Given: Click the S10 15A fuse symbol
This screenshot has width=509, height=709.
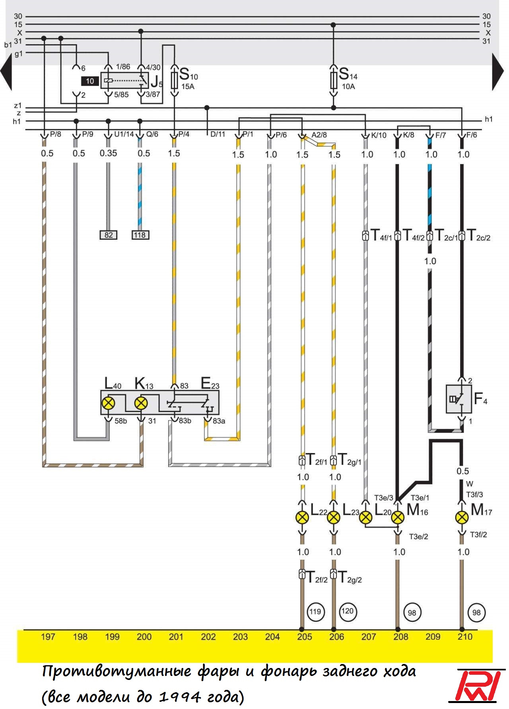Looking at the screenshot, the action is click(x=174, y=80).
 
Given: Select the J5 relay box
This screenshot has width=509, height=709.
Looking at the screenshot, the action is click(x=124, y=81).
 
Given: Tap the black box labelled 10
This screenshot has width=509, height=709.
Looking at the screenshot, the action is click(x=90, y=81).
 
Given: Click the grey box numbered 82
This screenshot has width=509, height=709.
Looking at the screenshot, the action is click(x=109, y=235).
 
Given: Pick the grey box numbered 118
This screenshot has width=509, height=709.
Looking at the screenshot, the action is click(x=140, y=235).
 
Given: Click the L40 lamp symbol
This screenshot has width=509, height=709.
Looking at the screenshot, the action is click(x=108, y=403).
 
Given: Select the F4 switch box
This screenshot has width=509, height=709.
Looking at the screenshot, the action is click(x=459, y=399).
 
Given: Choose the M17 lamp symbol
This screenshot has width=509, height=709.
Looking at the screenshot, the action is click(x=462, y=518).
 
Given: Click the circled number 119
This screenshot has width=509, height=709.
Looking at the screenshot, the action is click(x=315, y=611).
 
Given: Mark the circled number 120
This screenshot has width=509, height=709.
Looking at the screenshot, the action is click(x=347, y=611).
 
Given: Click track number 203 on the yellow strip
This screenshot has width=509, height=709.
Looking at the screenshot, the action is click(x=240, y=637).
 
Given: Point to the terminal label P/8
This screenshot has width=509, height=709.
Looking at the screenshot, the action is click(x=55, y=134).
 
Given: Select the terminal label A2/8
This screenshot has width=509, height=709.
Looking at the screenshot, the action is click(x=319, y=135).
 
